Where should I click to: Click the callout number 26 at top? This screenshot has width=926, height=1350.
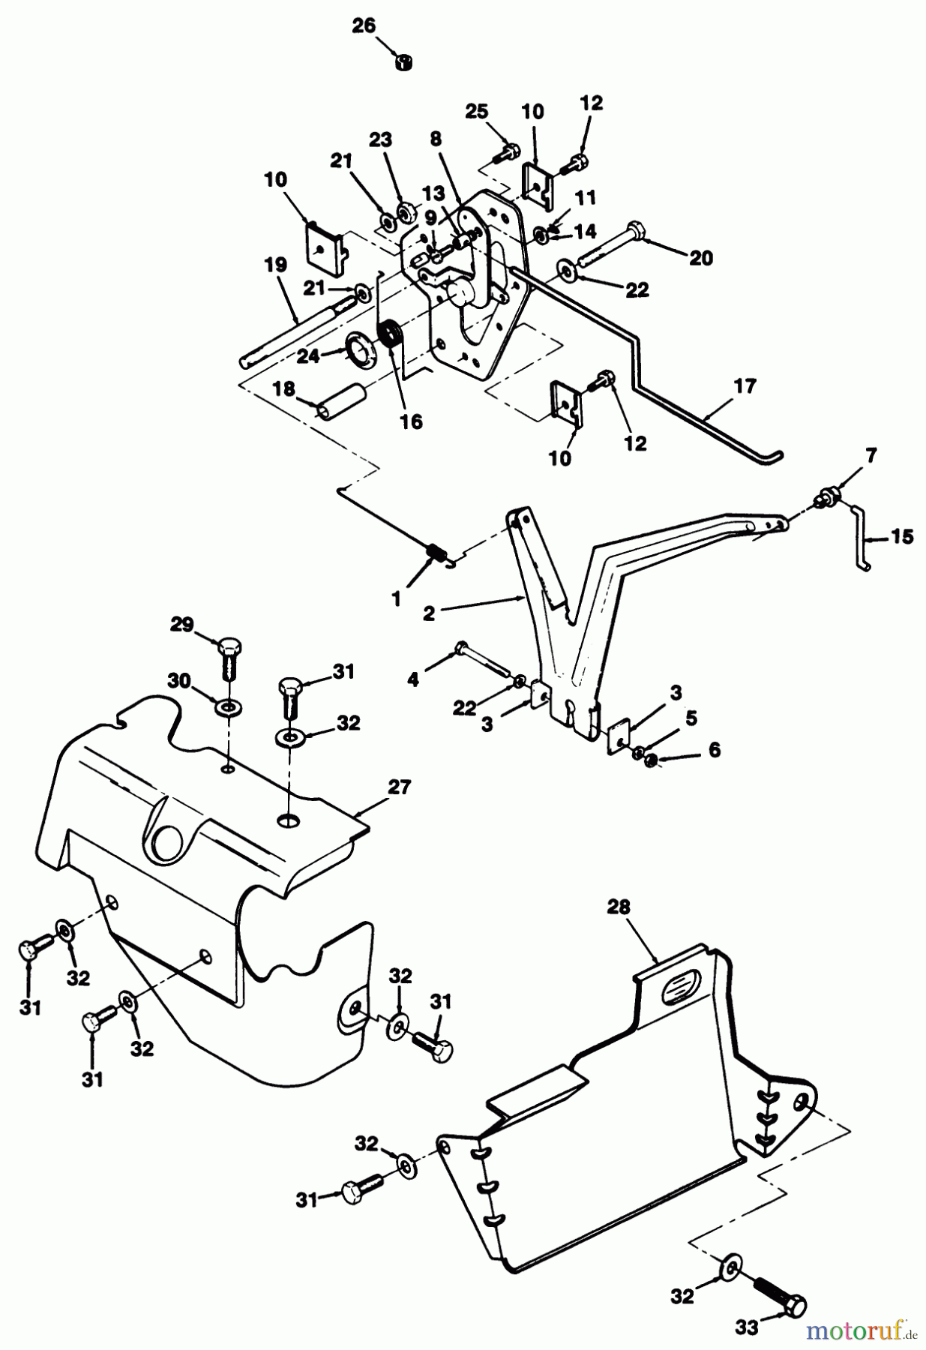point(364,26)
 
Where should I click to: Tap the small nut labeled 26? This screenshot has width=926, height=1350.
point(403,62)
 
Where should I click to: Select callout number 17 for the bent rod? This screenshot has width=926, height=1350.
point(745,386)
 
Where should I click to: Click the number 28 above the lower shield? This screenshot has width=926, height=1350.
point(619,907)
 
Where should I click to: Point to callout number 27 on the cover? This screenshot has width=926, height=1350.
point(400,787)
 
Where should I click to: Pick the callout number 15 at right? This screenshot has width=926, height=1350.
point(902,537)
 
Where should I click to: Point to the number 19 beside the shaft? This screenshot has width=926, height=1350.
point(275,264)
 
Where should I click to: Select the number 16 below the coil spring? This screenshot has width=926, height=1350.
point(411,421)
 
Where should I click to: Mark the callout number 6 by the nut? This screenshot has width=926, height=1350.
point(714,749)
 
